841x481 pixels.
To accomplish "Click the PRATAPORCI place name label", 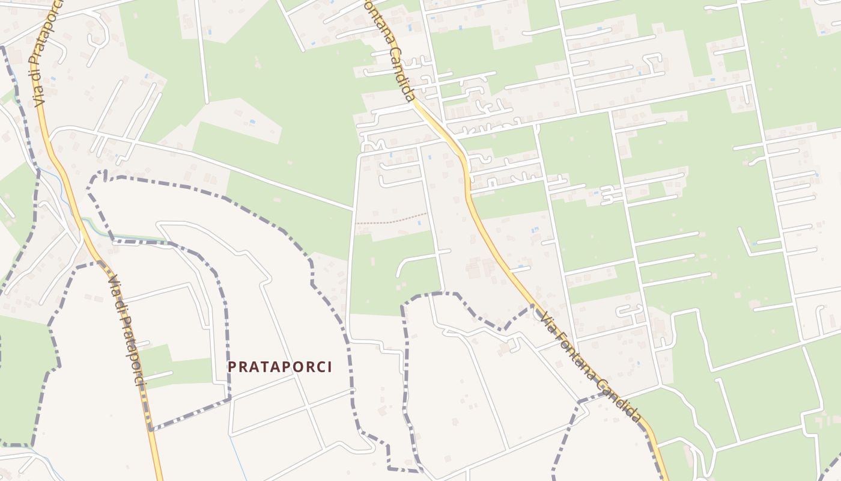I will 280,367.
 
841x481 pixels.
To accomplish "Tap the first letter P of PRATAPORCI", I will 232,367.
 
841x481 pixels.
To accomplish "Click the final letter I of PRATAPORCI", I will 329,367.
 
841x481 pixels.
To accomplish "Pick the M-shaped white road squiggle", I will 372,146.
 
